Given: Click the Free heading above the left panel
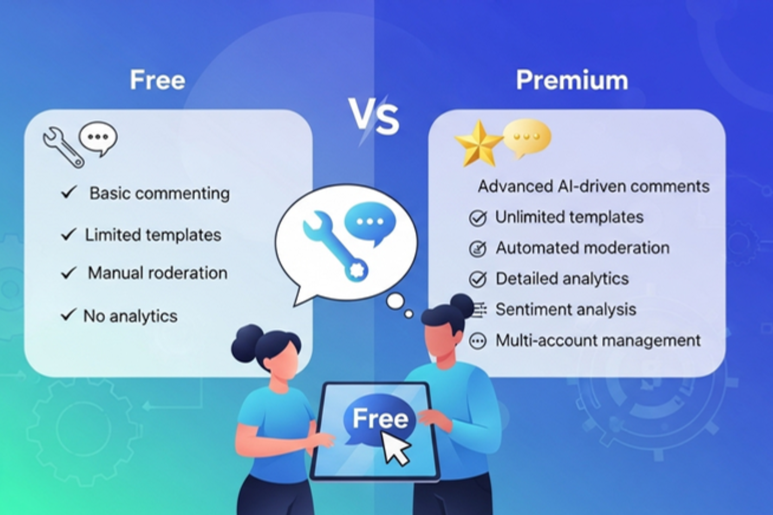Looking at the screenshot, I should [x=158, y=80].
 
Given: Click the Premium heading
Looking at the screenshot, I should [x=572, y=80].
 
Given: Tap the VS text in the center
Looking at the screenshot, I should [x=374, y=116].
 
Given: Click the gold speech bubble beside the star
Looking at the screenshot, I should [x=527, y=137].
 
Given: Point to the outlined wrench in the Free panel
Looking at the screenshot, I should [x=63, y=147].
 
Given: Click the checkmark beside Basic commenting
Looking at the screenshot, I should [x=69, y=192].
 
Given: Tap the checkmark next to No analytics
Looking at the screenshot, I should [x=69, y=315].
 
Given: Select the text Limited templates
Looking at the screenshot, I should [x=153, y=235].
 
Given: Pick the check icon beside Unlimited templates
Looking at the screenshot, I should [x=478, y=218].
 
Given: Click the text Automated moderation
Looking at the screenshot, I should [x=582, y=248].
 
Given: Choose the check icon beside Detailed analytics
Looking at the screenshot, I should [x=478, y=279].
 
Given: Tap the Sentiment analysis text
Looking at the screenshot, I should [x=566, y=309].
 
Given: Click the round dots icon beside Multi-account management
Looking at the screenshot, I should [x=478, y=341].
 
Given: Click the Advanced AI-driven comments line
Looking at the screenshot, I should [x=593, y=187].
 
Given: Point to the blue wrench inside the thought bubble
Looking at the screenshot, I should [x=335, y=245].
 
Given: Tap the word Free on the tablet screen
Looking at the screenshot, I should [x=380, y=418].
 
